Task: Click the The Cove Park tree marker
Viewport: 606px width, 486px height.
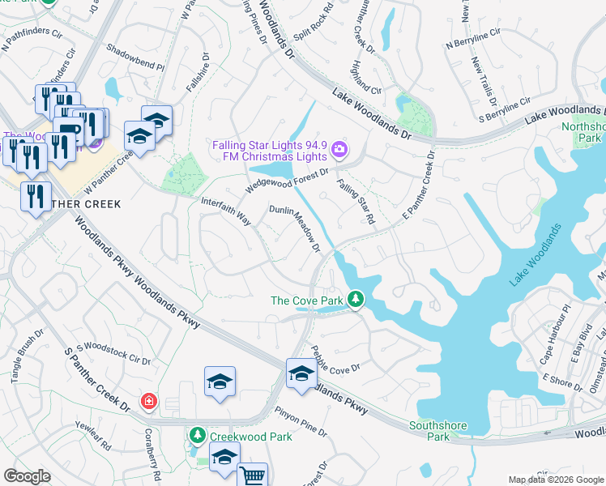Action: (355, 301)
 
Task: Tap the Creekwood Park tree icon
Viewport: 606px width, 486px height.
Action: (197, 436)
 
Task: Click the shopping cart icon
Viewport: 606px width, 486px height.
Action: (253, 476)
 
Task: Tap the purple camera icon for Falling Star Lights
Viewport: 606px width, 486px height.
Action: (339, 148)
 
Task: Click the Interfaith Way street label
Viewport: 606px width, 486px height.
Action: (226, 209)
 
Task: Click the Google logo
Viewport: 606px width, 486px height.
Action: (26, 476)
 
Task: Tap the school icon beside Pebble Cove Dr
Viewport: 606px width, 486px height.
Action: (301, 373)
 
